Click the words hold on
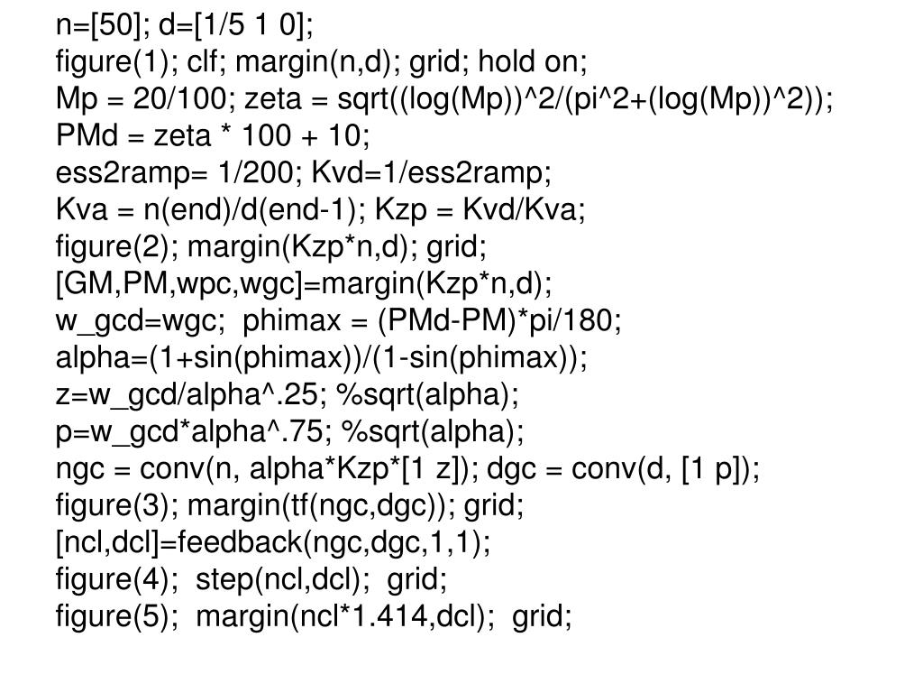(532, 62)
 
